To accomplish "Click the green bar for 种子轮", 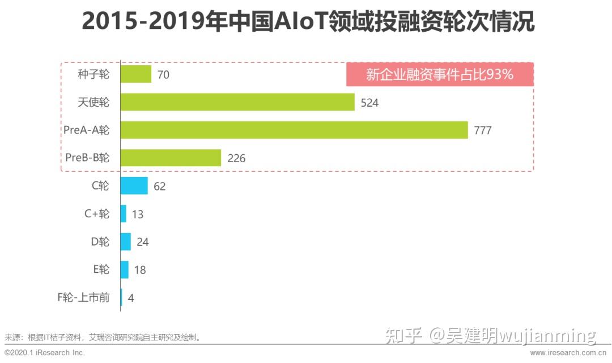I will [136, 74].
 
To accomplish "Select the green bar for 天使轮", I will [237, 102].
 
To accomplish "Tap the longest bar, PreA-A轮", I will [294, 130].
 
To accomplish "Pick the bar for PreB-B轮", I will [171, 158].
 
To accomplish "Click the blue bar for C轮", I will [134, 185].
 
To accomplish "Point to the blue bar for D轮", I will [126, 242].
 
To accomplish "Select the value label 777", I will [483, 130].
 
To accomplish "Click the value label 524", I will [369, 103].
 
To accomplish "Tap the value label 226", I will [236, 158].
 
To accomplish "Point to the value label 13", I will [137, 214].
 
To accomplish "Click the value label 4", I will [131, 298].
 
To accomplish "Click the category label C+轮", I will [97, 214].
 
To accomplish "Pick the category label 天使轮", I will [93, 102].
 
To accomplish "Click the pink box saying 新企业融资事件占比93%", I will [440, 74].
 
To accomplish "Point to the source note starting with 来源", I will [103, 337].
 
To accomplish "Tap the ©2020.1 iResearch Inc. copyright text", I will [44, 353].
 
